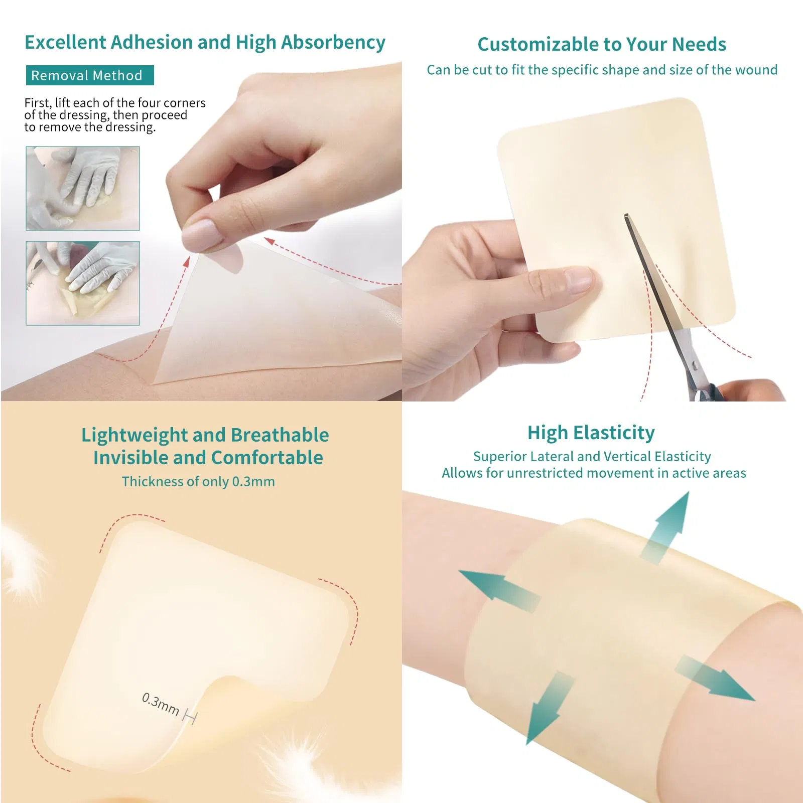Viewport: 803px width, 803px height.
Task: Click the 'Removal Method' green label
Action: (90, 75)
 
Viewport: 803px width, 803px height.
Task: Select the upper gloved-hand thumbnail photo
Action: (83, 188)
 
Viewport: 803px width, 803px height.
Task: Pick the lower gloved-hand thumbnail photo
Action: (83, 283)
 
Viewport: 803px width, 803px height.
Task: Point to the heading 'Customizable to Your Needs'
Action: (602, 44)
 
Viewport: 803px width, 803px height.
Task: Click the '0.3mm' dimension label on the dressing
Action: (160, 704)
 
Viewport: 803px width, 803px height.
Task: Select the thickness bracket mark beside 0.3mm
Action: (190, 716)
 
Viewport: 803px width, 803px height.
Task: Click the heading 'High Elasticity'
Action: (591, 433)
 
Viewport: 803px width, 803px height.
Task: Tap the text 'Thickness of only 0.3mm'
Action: (198, 481)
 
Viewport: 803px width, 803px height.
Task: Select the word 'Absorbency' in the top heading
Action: (333, 42)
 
